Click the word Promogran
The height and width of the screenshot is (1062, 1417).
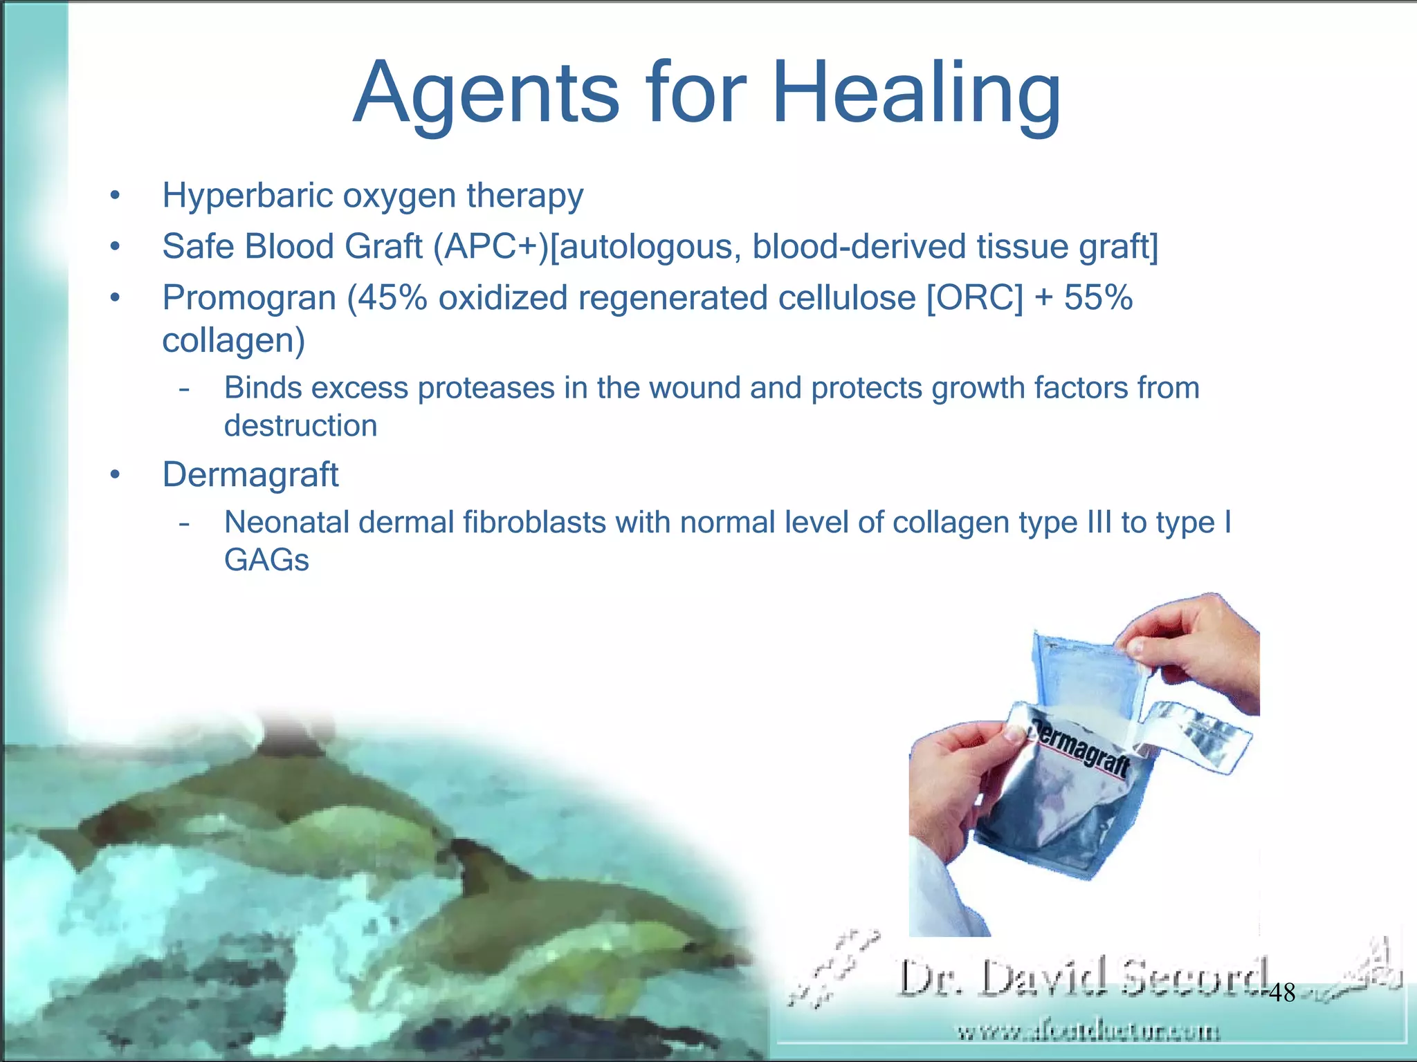[249, 299]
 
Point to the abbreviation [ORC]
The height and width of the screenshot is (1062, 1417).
[974, 299]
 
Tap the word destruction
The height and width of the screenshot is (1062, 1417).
[300, 426]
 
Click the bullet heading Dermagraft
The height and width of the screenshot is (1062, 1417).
[250, 475]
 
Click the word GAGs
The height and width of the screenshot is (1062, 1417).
[266, 560]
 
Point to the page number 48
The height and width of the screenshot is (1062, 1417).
[1282, 994]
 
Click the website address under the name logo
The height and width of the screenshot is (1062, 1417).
[1088, 1032]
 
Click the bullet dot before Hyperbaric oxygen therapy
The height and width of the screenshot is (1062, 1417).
[115, 196]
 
